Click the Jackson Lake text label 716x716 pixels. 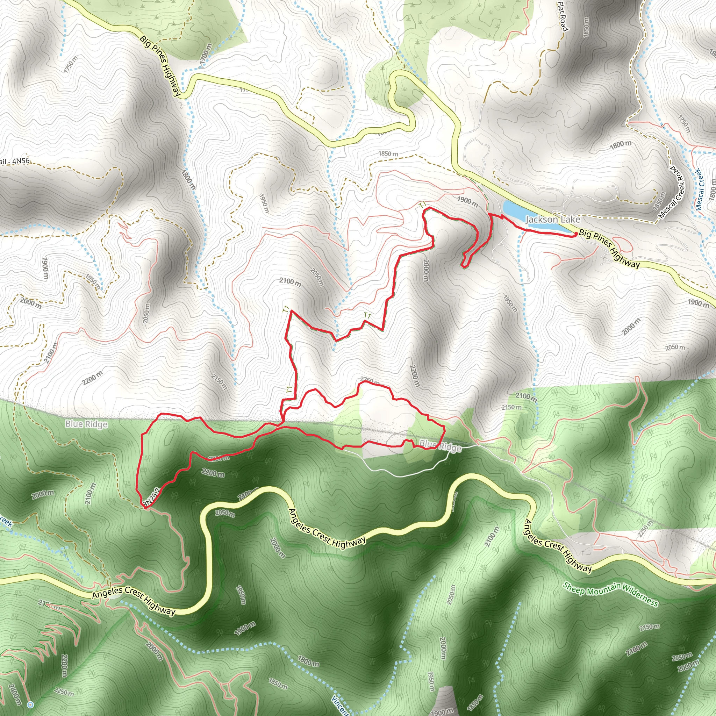[x=553, y=220]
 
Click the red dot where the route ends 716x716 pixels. [x=575, y=234]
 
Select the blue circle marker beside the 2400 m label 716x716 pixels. [x=30, y=704]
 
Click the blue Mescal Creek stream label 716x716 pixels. [x=699, y=189]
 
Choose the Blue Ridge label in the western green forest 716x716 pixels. [x=86, y=424]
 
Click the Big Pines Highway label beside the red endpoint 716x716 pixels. [x=609, y=249]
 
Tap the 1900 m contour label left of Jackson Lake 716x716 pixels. [x=467, y=201]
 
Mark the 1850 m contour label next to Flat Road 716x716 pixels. [x=586, y=27]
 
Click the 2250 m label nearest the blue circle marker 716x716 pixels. [x=64, y=692]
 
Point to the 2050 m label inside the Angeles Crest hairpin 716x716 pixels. [x=225, y=513]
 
